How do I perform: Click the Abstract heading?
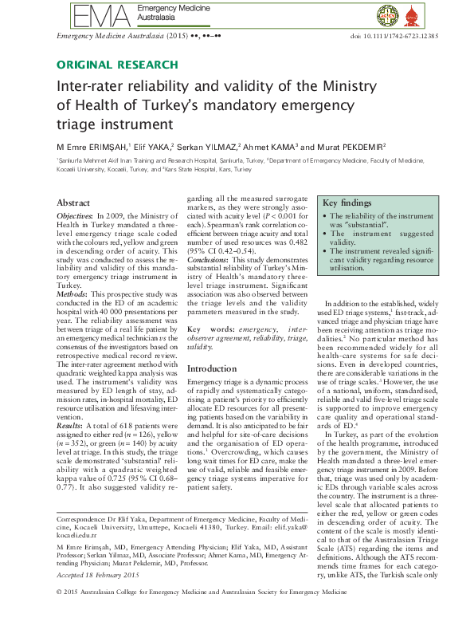(x=73, y=203)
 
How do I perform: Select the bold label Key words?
(x=210, y=329)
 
